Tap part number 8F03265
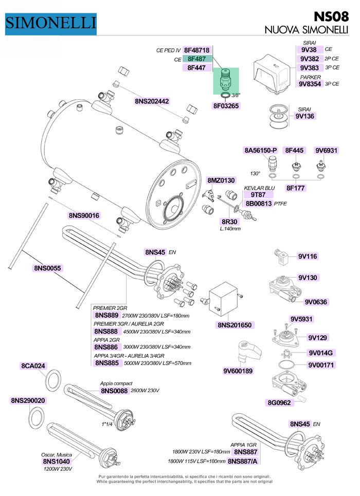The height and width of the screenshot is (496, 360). click(x=226, y=106)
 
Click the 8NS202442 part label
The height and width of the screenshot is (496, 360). click(x=152, y=101)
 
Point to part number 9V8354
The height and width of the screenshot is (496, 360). click(x=311, y=84)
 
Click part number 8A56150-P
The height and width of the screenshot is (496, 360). click(x=260, y=151)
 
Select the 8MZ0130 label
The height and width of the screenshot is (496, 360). click(x=221, y=180)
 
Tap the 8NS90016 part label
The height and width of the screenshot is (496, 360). click(x=84, y=215)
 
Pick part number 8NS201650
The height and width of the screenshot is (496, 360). click(x=235, y=325)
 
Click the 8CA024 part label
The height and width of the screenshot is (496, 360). click(x=33, y=366)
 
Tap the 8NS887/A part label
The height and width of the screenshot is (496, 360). click(x=244, y=461)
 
